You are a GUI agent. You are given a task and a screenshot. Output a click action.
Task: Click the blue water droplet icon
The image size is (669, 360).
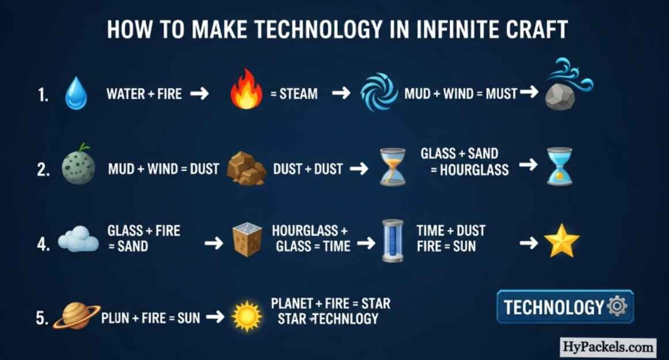[x=76, y=93]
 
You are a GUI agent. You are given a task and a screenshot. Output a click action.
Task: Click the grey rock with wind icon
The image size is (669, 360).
[x=568, y=85]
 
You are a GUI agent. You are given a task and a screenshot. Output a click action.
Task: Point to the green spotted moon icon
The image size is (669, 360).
[x=78, y=165]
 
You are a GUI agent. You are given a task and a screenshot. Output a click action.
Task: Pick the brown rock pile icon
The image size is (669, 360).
[x=246, y=168]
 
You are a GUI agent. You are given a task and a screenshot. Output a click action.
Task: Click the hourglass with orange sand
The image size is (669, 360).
[x=392, y=167]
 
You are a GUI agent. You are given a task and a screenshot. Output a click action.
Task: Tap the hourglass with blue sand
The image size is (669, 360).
[x=560, y=166]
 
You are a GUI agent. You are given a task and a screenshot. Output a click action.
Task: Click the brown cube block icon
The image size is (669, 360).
[x=247, y=239]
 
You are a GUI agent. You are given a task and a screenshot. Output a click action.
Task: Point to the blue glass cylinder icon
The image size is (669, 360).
[x=392, y=240]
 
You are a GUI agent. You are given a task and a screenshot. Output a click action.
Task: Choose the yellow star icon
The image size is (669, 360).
[x=561, y=241]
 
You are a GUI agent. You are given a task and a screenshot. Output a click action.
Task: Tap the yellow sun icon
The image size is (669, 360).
[x=247, y=316]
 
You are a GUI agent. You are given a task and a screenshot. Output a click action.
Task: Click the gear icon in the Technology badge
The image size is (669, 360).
[x=617, y=306]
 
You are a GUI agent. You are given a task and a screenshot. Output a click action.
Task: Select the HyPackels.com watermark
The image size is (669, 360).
[x=607, y=347]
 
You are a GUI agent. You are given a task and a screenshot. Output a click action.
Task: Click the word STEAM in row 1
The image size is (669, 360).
[x=298, y=94]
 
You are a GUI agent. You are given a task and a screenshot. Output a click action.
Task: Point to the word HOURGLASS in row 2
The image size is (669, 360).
[x=474, y=170]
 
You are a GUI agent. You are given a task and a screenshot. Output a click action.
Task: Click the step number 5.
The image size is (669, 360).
[x=42, y=318]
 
